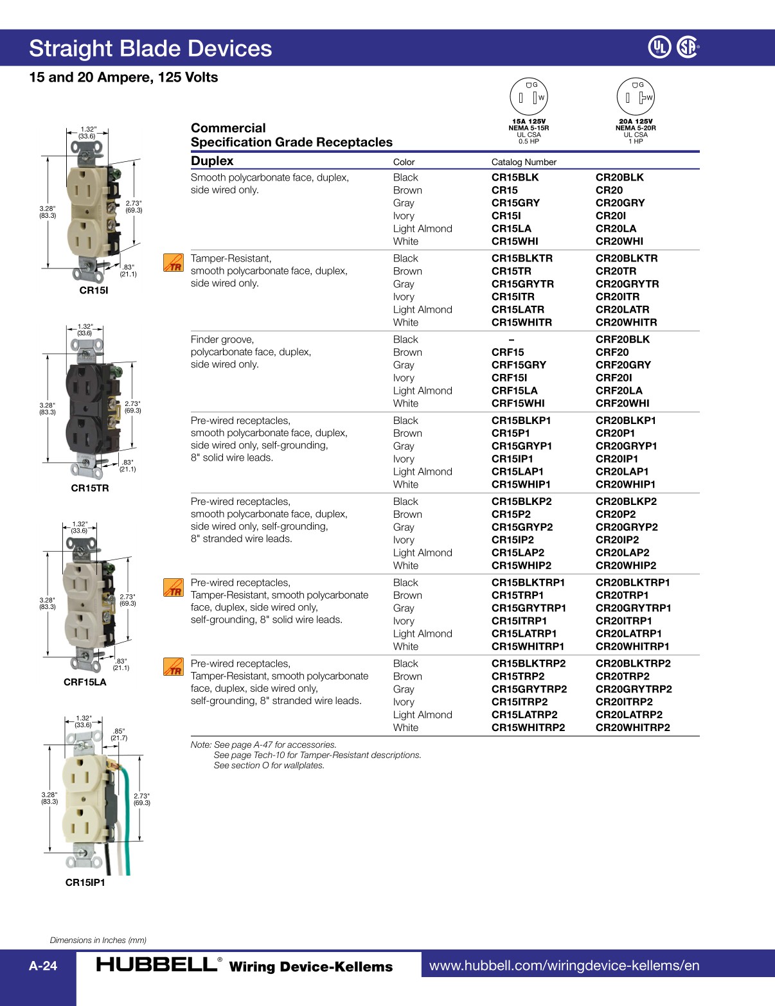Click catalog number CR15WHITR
(521, 322)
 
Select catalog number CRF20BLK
(622, 339)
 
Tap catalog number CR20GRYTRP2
(633, 689)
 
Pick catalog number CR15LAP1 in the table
(517, 472)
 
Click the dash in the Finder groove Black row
(512, 339)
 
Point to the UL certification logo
(659, 47)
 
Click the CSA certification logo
(688, 47)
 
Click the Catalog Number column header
(524, 162)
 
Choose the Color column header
(404, 162)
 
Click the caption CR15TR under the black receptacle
(90, 488)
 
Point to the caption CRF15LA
(85, 682)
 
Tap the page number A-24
(43, 966)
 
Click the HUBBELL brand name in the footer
(157, 965)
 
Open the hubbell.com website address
(564, 966)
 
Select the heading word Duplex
(212, 161)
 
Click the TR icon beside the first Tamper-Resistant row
(174, 262)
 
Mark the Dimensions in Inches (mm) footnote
(98, 940)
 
